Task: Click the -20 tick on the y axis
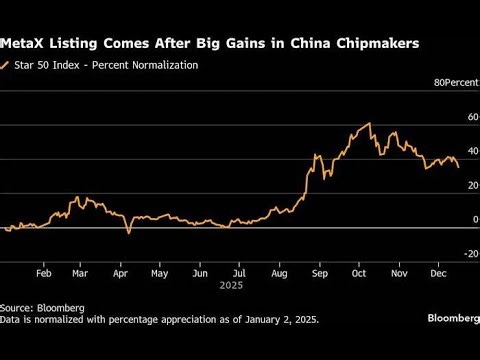(458, 254)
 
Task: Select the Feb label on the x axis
(44, 272)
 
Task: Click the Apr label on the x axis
(121, 272)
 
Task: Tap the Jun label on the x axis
(199, 272)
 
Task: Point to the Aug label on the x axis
(279, 272)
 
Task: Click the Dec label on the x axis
(436, 272)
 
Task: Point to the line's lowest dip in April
(128, 233)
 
